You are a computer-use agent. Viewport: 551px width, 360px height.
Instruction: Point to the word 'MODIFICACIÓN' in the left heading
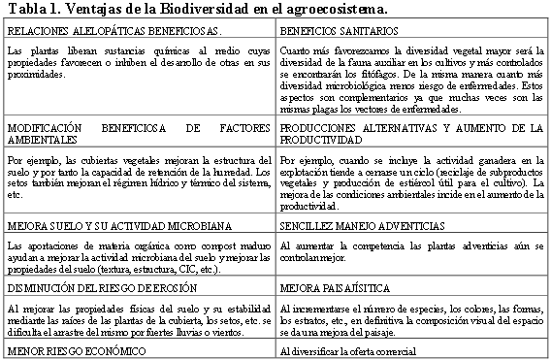click(x=44, y=127)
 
